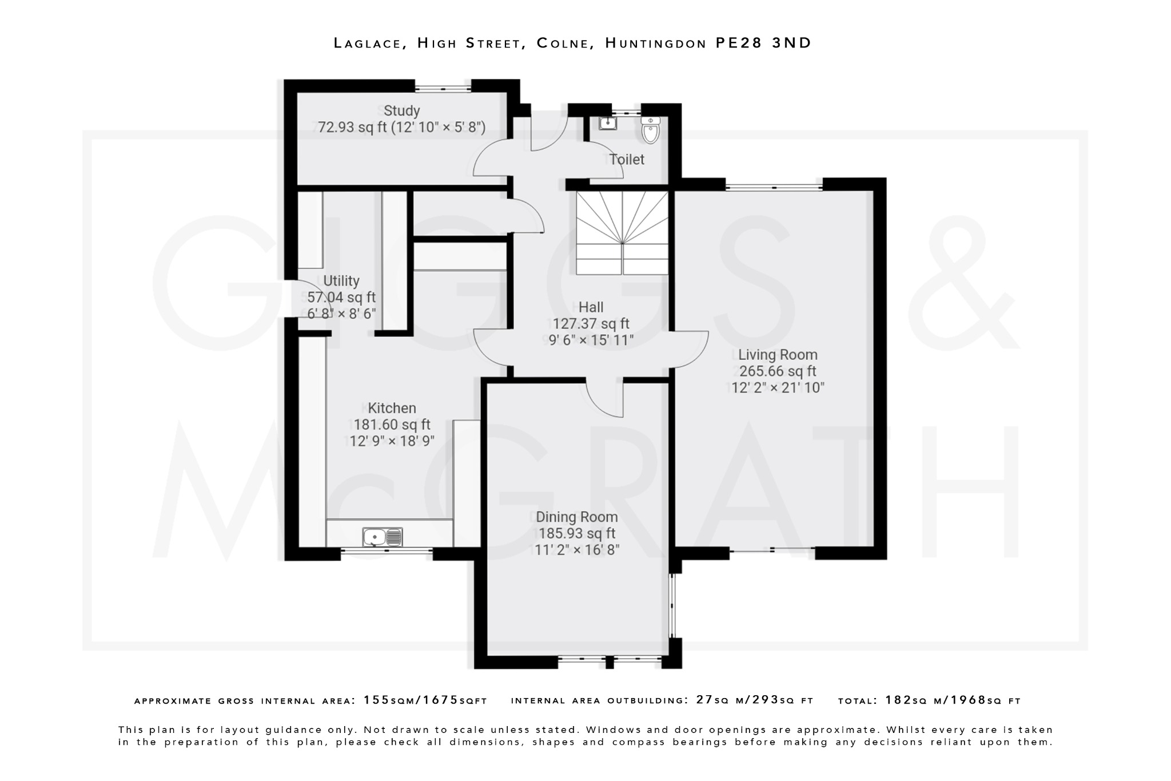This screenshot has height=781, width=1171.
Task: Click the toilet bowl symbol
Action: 651,130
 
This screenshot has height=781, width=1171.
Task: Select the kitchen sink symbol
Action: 382,537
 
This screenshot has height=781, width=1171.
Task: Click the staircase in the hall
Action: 622,233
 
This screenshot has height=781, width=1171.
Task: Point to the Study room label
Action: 401,110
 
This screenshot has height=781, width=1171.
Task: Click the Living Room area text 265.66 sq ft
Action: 777,371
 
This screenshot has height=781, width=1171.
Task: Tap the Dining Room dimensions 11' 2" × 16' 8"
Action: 576,550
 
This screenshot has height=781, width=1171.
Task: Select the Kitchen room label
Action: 392,408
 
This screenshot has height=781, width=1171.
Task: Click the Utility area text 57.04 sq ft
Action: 341,297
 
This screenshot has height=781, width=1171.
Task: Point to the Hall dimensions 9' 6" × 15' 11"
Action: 591,340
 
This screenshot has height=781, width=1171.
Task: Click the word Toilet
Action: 626,160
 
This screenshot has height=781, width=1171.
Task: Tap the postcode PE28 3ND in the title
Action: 763,43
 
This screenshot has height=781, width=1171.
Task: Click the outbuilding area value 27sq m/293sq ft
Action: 754,700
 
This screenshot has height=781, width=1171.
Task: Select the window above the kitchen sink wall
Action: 387,550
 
